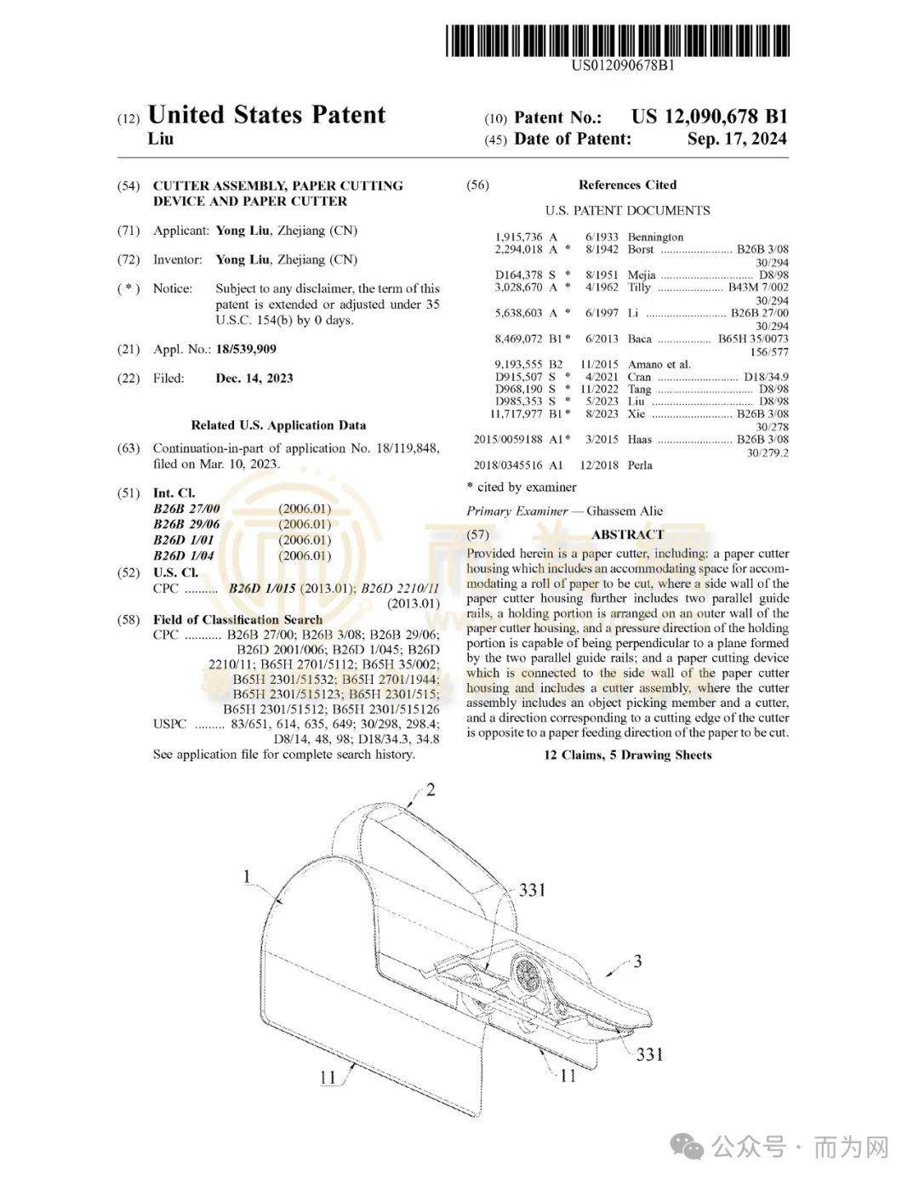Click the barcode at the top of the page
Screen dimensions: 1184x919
click(618, 41)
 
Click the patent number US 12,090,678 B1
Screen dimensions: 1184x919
click(709, 117)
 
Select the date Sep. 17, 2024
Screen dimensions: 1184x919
click(737, 139)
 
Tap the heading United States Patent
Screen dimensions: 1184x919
click(266, 116)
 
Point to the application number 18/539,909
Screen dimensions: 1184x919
click(246, 349)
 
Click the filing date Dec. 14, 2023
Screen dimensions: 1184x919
click(254, 379)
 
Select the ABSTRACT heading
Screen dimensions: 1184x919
click(627, 534)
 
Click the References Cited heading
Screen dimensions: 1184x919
click(627, 185)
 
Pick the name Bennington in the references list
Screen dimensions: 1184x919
click(655, 237)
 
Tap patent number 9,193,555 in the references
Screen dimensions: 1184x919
click(518, 364)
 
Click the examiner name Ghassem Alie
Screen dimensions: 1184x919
click(625, 511)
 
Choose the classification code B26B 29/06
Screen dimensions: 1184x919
click(186, 524)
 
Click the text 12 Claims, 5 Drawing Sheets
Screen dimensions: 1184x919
click(627, 754)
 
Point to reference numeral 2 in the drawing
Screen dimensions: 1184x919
click(431, 790)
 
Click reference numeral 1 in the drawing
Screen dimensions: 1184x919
click(247, 876)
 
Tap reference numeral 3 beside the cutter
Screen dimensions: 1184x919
click(637, 962)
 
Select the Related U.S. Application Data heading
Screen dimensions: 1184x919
click(278, 425)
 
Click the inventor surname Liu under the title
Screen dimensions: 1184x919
click(161, 139)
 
